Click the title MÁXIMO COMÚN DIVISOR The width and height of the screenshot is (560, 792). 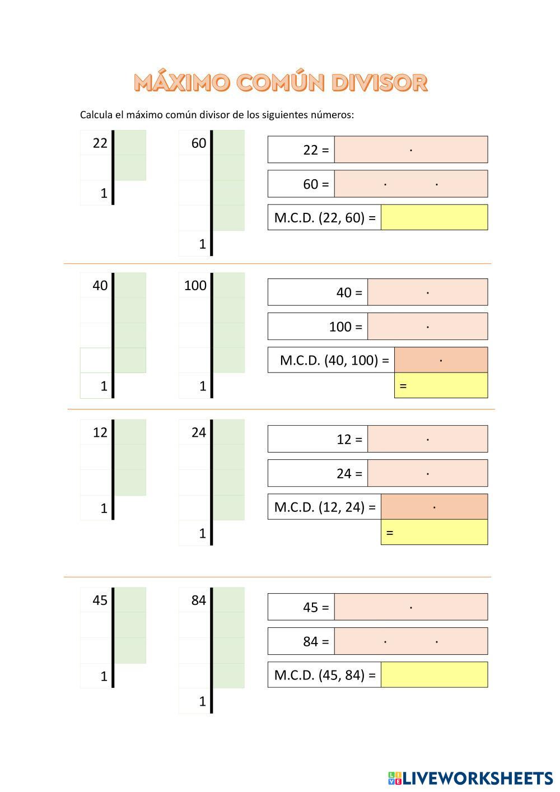pyautogui.click(x=281, y=82)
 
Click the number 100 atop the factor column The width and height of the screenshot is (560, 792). pyautogui.click(x=195, y=286)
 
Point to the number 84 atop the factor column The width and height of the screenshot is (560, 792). pyautogui.click(x=198, y=600)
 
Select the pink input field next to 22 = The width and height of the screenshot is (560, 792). pyautogui.click(x=410, y=150)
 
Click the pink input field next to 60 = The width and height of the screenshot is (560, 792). pyautogui.click(x=410, y=184)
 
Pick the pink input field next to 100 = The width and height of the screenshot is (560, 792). pyautogui.click(x=427, y=327)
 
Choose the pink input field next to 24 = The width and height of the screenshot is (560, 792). pyautogui.click(x=427, y=473)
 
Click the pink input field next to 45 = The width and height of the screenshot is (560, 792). pyautogui.click(x=410, y=607)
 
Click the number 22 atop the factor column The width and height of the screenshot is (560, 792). pyautogui.click(x=100, y=143)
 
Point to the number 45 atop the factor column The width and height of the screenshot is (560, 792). pyautogui.click(x=100, y=600)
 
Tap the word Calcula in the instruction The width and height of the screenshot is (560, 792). pyautogui.click(x=96, y=115)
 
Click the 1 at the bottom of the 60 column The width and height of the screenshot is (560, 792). pyautogui.click(x=202, y=244)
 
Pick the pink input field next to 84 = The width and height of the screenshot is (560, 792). pyautogui.click(x=410, y=641)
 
